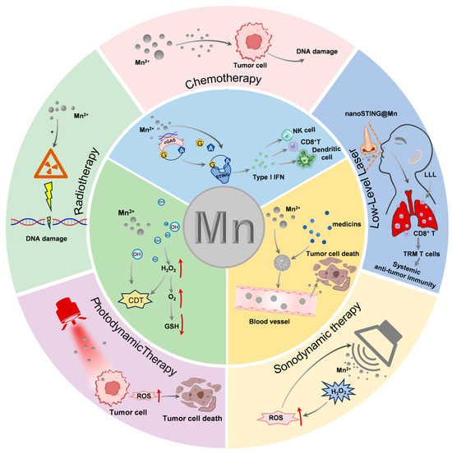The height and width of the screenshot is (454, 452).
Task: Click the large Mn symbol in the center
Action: coord(225,227)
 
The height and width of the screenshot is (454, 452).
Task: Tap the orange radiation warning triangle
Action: coord(51,165)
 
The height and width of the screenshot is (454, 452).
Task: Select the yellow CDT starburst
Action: coord(136,300)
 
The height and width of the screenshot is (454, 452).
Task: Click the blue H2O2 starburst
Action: coord(338,392)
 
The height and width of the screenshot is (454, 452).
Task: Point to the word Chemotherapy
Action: coord(224,80)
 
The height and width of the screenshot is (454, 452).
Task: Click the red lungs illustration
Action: coord(413,213)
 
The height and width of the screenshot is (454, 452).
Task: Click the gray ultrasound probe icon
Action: coord(380,343)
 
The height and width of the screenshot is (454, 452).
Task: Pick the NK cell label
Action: coord(303,131)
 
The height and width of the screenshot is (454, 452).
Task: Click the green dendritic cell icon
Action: coord(304,158)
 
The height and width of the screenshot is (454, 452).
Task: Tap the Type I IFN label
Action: coord(268,177)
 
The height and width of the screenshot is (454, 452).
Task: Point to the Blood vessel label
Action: coord(270,321)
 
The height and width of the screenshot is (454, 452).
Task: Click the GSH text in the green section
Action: coord(172,326)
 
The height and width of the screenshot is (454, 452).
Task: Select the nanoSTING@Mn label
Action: coord(371,113)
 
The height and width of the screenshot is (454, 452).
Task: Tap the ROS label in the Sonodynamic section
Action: coord(276,418)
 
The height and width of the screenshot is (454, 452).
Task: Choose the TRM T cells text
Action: coord(422,254)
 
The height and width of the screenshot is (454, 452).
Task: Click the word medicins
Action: coord(347,224)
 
